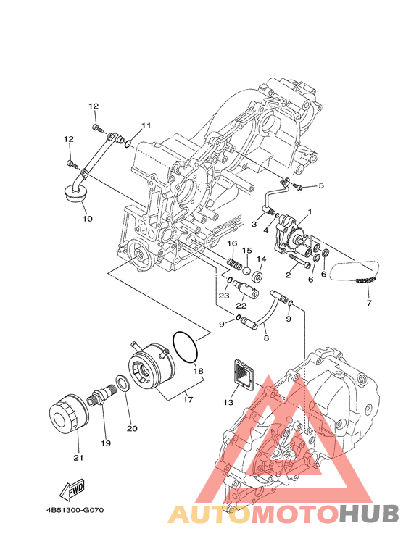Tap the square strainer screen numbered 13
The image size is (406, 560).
tap(244, 373)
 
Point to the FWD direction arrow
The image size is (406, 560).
tap(72, 488)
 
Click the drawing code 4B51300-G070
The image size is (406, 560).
tap(75, 510)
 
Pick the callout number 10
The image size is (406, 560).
tap(87, 218)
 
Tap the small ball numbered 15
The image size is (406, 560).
tap(247, 270)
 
